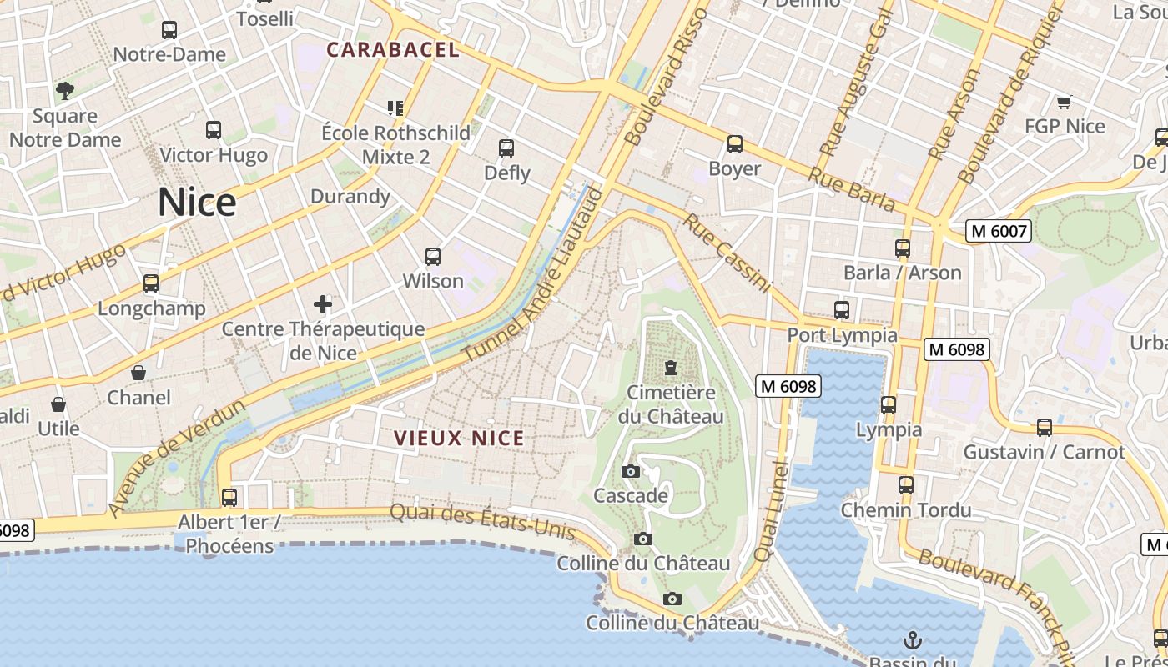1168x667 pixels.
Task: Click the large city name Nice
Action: coord(197,203)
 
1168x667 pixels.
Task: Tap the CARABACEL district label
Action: coord(393,50)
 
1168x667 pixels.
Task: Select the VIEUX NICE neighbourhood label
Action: coord(459,438)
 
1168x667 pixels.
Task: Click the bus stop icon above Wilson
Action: coord(432,257)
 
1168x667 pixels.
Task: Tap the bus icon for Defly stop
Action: coord(506,148)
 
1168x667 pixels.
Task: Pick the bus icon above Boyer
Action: coord(734,144)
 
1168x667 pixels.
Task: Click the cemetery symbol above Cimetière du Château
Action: coord(670,368)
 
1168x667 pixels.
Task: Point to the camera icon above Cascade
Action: coord(631,472)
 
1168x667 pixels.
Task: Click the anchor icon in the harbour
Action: coord(913,640)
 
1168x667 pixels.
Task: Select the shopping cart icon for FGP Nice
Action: coord(1064,103)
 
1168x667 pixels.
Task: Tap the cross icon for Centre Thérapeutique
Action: coord(323,304)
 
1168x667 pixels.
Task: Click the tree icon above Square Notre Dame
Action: coord(65,91)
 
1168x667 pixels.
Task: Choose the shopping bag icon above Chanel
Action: coord(138,373)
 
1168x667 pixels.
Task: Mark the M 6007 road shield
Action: coord(999,231)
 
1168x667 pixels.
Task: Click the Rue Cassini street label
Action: coord(727,253)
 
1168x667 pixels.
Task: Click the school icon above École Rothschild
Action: coord(395,108)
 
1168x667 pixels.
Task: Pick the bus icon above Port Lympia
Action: coord(842,310)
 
